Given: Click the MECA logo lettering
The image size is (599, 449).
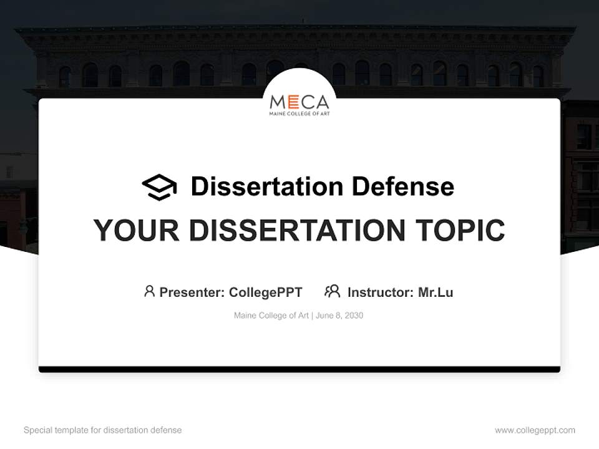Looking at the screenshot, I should (x=299, y=102).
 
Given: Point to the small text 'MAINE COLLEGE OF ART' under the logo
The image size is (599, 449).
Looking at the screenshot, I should (x=299, y=115).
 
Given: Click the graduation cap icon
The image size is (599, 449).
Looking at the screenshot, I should (x=159, y=187).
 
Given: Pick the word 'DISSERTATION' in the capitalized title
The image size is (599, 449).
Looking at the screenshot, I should (x=297, y=230).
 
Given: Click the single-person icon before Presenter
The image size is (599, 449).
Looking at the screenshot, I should (x=149, y=291).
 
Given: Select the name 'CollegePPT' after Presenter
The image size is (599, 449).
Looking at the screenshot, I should (x=265, y=292).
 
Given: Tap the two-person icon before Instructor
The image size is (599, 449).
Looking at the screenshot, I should (x=333, y=291).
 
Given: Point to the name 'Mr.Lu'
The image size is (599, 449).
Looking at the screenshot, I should (x=436, y=292).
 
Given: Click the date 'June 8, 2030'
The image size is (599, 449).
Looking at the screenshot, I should (x=339, y=316).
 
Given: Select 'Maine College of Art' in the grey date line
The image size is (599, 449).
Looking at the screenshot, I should (x=271, y=316).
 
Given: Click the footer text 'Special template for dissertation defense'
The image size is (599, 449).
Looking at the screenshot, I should (x=103, y=430).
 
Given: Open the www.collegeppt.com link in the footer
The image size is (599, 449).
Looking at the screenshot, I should (x=535, y=430).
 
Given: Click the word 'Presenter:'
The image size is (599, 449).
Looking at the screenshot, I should (x=192, y=292).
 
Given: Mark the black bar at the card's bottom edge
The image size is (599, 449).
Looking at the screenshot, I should (x=299, y=369).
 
